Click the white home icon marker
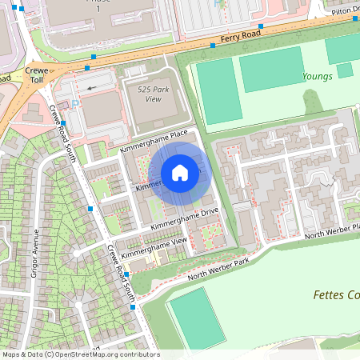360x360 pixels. (x=180, y=172)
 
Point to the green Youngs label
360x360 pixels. (x=316, y=78)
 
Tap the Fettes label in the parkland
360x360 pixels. (x=335, y=295)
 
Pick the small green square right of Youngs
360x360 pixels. (x=345, y=70)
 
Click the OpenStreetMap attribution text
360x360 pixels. (x=81, y=354)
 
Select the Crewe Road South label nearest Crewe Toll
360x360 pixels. (x=62, y=132)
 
